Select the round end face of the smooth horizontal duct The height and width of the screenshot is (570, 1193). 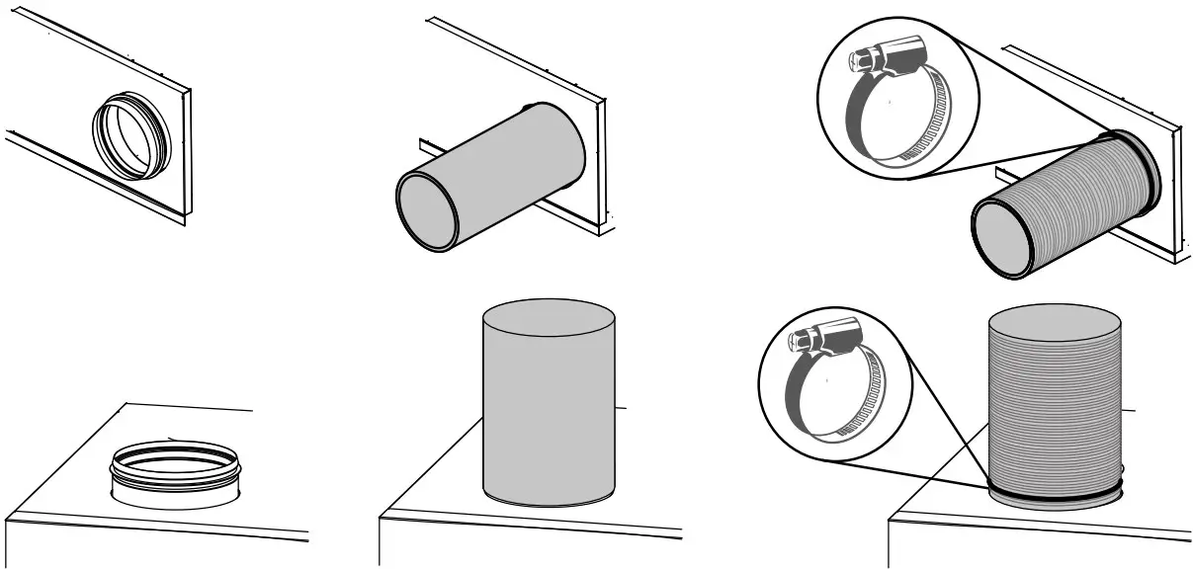(x=427, y=211)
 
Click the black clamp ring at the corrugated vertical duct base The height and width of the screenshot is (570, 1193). (x=1055, y=490)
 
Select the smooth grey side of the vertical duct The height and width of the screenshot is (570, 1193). (x=548, y=415)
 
